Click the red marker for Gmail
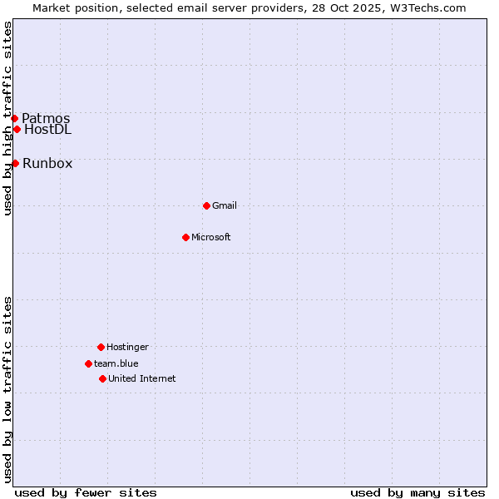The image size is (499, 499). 206,205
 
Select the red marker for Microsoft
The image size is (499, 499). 185,237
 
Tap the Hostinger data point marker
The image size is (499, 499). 101,347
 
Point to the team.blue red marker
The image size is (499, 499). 88,363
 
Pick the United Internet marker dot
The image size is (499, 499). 102,378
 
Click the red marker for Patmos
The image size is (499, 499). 14,118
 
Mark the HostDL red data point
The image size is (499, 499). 17,129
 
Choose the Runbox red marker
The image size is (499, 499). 15,163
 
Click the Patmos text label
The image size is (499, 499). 46,118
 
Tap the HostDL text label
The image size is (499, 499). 47,129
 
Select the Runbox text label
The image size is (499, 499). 47,163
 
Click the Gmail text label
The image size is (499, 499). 225,205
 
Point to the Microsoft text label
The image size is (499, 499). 211,237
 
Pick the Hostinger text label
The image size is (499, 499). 127,347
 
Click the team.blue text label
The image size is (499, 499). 116,363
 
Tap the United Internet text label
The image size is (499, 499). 142,378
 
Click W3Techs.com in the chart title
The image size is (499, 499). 425,7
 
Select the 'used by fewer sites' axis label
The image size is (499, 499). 86,492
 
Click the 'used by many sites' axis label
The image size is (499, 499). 417,492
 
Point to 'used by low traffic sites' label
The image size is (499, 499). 7,389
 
